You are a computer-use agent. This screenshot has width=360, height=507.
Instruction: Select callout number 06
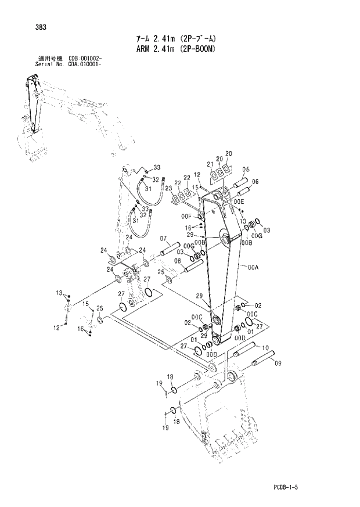(x=255, y=182)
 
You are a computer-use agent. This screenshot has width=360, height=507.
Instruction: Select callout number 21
(x=210, y=164)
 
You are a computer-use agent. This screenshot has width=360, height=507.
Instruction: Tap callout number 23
(x=168, y=189)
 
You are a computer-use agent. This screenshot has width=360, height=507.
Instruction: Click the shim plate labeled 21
(x=214, y=174)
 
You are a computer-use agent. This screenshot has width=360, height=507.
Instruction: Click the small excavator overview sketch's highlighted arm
(x=32, y=105)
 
